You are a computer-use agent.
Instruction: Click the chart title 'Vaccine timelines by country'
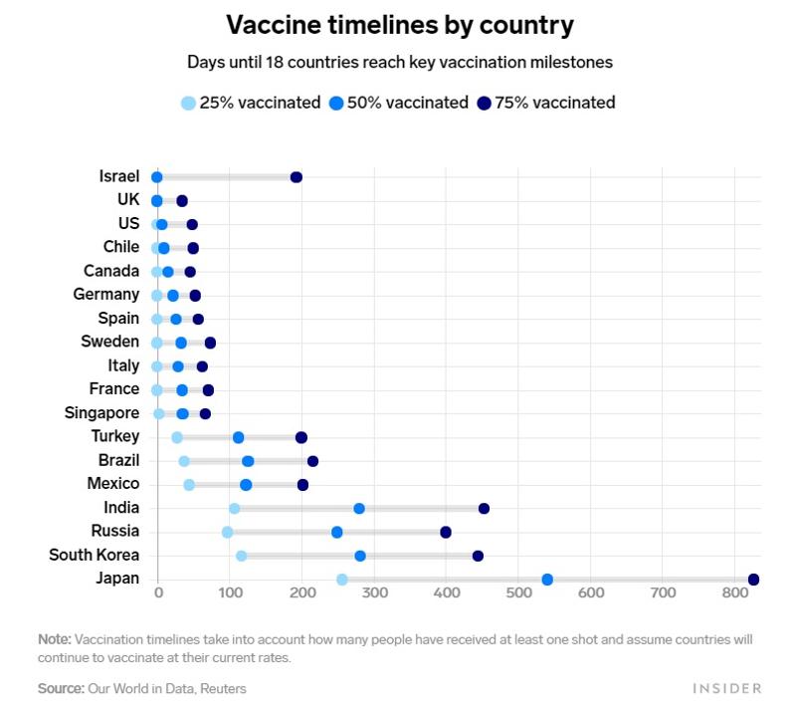[x=399, y=24]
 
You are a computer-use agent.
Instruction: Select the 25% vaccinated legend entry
[x=251, y=103]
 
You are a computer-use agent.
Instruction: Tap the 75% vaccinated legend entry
[x=545, y=103]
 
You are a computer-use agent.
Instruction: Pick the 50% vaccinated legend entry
[x=398, y=103]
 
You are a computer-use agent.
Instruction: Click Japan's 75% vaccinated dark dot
[x=753, y=580]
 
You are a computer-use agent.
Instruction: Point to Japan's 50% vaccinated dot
[x=547, y=580]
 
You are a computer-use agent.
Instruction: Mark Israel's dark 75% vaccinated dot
[x=296, y=177]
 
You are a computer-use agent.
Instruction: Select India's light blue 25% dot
[x=234, y=509]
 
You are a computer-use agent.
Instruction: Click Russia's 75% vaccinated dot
[x=446, y=533]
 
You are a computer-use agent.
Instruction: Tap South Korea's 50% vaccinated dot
[x=360, y=556]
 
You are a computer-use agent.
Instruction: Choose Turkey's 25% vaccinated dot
[x=177, y=437]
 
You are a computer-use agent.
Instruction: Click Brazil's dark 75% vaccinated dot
[x=312, y=461]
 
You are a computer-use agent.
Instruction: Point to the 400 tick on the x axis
[x=446, y=593]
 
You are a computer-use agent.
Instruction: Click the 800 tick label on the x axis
[x=734, y=593]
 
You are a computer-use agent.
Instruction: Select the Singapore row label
[x=101, y=413]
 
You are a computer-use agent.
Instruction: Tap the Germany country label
[x=105, y=295]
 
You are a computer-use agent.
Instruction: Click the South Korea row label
[x=94, y=556]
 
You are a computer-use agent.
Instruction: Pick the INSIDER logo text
[x=727, y=688]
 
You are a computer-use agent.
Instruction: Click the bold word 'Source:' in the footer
[x=61, y=688]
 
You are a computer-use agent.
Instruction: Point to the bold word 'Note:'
[x=54, y=638]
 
